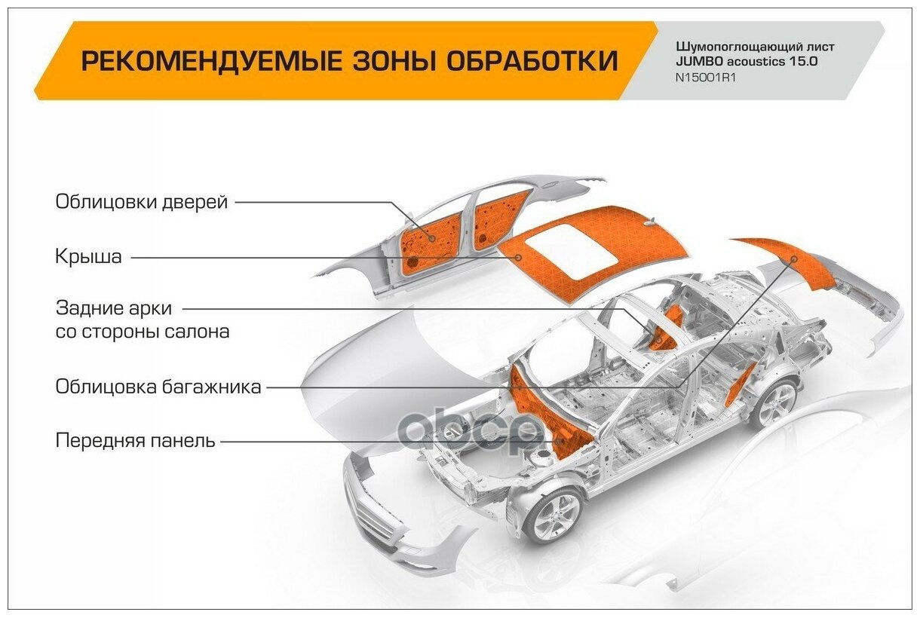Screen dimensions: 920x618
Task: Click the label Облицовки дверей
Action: [x=141, y=202]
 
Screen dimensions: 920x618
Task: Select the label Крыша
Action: [x=88, y=257]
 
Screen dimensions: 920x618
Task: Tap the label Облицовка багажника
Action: [x=158, y=387]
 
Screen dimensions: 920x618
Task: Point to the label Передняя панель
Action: [x=136, y=441]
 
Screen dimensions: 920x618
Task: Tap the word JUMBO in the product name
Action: [x=699, y=62]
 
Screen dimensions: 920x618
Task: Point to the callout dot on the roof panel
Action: [x=519, y=257]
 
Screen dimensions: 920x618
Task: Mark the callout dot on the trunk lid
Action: [x=794, y=259]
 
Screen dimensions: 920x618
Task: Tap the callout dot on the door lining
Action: [x=431, y=237]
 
